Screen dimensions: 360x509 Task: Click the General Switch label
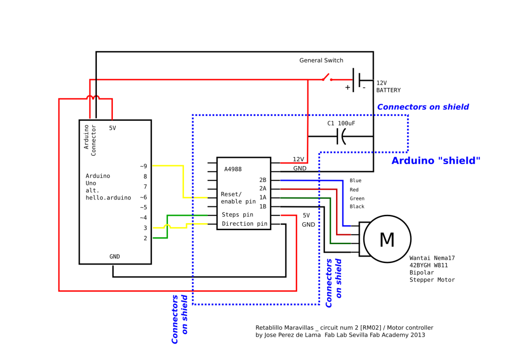[x=321, y=61]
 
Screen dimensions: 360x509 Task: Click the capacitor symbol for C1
[x=341, y=136]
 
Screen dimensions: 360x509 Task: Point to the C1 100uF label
[x=341, y=123]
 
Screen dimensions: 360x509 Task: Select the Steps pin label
[x=237, y=215]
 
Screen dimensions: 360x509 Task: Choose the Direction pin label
[x=245, y=224]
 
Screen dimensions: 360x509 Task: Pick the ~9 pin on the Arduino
[x=143, y=166]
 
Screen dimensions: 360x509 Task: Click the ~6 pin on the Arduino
[x=143, y=197]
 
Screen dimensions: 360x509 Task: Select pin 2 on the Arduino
[x=145, y=238]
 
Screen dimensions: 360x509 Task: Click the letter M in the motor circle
[x=387, y=240]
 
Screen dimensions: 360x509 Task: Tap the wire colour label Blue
[x=355, y=181]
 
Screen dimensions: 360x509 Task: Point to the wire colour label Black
[x=357, y=206]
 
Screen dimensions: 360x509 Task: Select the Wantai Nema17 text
[x=432, y=258]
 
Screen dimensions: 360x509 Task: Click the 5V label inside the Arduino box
[x=112, y=128]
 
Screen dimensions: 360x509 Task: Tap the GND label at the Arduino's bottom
[x=115, y=257]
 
